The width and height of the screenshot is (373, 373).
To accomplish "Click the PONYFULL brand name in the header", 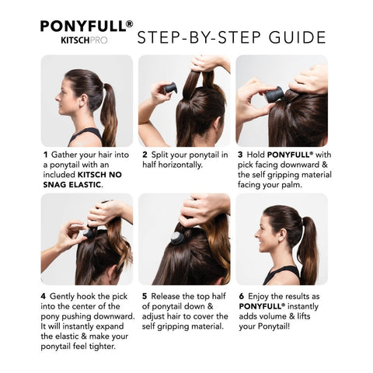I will click(85, 25).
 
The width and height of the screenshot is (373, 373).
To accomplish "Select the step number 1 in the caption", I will click(46, 155).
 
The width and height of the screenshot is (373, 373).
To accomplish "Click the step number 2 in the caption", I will click(145, 155).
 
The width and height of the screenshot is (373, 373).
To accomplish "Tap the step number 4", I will click(46, 296).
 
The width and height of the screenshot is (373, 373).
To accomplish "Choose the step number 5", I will click(145, 296).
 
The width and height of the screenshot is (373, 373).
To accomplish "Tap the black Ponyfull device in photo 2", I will click(169, 88).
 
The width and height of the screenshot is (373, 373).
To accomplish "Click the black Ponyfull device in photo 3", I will click(275, 96).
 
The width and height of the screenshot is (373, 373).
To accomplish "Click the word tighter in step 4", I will click(110, 347).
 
